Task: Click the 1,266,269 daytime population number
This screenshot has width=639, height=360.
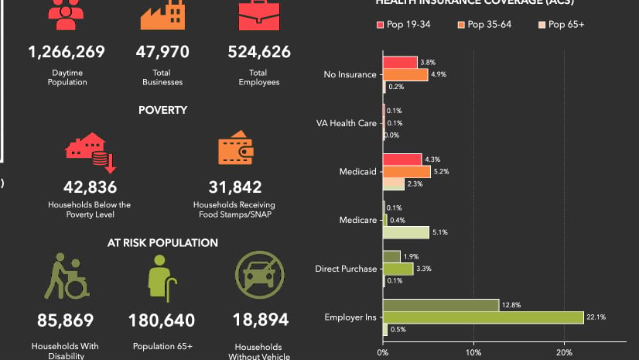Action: click(x=66, y=53)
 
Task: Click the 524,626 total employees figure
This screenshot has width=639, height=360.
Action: click(x=259, y=53)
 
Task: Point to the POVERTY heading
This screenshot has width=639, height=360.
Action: click(x=162, y=111)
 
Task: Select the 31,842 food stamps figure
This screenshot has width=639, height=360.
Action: click(x=235, y=187)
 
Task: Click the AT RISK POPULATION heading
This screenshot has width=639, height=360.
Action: click(x=162, y=243)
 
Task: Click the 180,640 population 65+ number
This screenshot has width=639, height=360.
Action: click(x=162, y=320)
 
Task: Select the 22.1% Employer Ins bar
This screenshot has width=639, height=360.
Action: click(x=484, y=317)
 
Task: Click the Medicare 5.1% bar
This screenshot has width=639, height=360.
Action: click(x=406, y=232)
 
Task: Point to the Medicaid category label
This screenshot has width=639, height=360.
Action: click(x=358, y=172)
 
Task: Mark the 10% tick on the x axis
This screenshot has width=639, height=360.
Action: click(x=473, y=353)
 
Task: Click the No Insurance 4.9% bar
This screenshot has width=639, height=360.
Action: click(x=405, y=75)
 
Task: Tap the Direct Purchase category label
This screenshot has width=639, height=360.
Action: click(x=346, y=269)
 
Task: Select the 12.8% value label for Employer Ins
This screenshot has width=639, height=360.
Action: click(x=511, y=305)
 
